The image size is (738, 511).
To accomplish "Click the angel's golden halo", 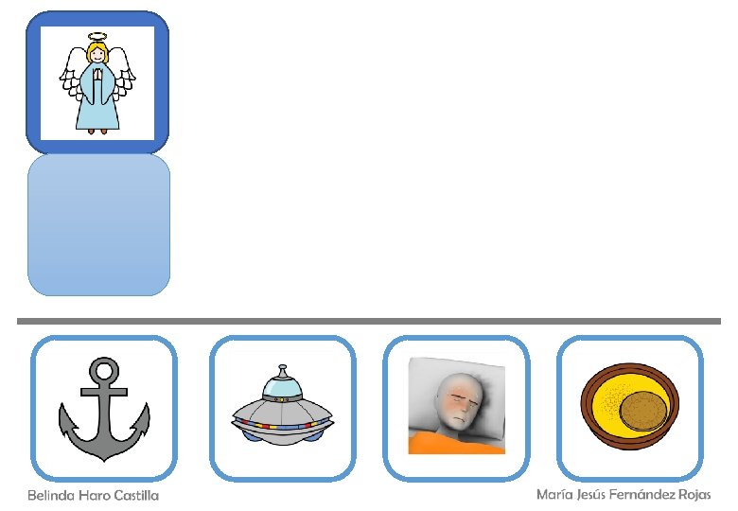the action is (x=97, y=37).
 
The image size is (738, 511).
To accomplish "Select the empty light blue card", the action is (x=98, y=225).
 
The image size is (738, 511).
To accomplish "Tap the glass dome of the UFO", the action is (x=282, y=384).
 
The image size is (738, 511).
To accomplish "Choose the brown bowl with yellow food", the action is (x=630, y=407).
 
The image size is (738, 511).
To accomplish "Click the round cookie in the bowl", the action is (x=643, y=412).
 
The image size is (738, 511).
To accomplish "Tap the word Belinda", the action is (x=49, y=496).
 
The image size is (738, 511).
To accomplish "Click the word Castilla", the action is (x=134, y=496).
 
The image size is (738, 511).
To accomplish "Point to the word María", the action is (x=554, y=495).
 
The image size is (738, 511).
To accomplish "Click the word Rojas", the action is (x=697, y=495).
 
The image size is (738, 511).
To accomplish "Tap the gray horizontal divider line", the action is (x=369, y=322).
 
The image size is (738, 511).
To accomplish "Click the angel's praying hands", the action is (x=97, y=74).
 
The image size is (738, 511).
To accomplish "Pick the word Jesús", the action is (x=593, y=495).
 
